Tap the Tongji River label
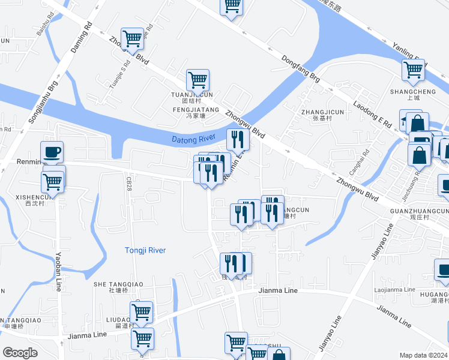click(x=145, y=250)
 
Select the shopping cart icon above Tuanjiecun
click(x=197, y=79)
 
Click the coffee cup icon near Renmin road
click(x=52, y=152)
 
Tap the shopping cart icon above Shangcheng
click(x=413, y=70)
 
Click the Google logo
click(x=20, y=353)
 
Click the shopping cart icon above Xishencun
click(x=53, y=181)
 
